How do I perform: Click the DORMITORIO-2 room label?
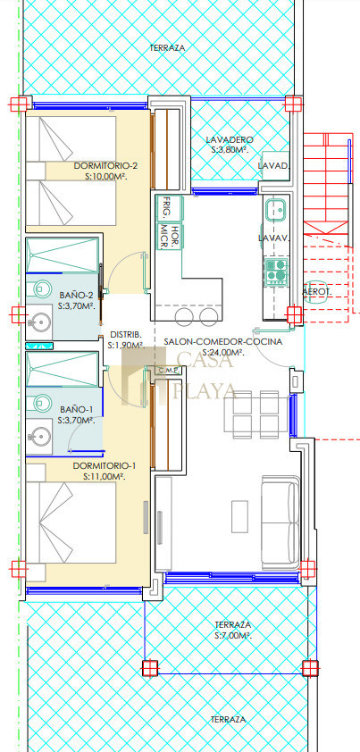[105, 166]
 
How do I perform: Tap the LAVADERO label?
[229, 140]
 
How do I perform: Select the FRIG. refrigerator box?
[170, 207]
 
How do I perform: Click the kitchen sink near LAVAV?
[276, 209]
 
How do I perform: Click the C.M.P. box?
[169, 370]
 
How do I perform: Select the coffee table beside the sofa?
[239, 516]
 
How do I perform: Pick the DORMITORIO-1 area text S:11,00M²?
[105, 477]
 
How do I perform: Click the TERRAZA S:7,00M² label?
[233, 631]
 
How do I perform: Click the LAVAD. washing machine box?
[275, 166]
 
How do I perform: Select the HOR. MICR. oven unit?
[170, 237]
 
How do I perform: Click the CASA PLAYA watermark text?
[205, 375]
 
